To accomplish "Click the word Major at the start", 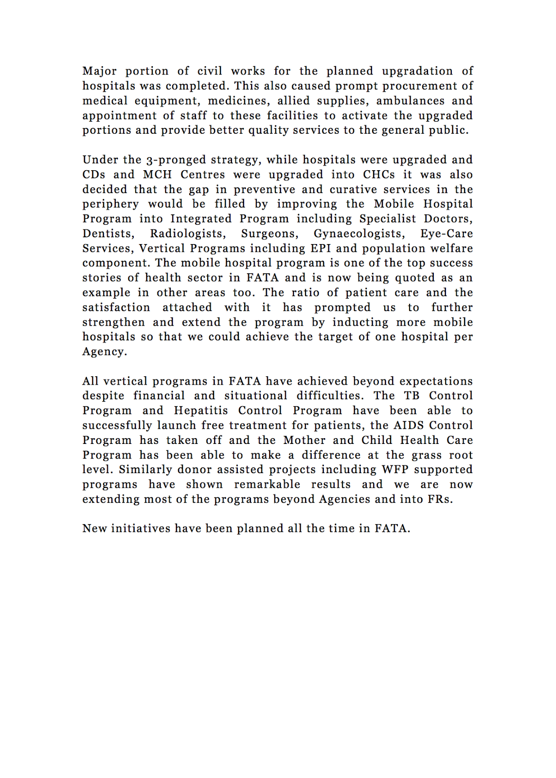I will click(x=99, y=71).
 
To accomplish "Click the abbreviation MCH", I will click(x=157, y=175).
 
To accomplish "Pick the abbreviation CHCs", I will click(x=379, y=175).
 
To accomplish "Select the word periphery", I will click(x=110, y=204).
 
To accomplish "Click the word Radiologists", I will click(x=188, y=234).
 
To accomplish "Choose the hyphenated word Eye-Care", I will click(x=447, y=234).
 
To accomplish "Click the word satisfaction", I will click(x=116, y=307).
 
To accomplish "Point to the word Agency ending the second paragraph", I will click(x=104, y=352).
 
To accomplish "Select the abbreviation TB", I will click(x=412, y=396).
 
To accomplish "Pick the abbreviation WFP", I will click(x=395, y=470).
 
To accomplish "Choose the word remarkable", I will click(x=267, y=484).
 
